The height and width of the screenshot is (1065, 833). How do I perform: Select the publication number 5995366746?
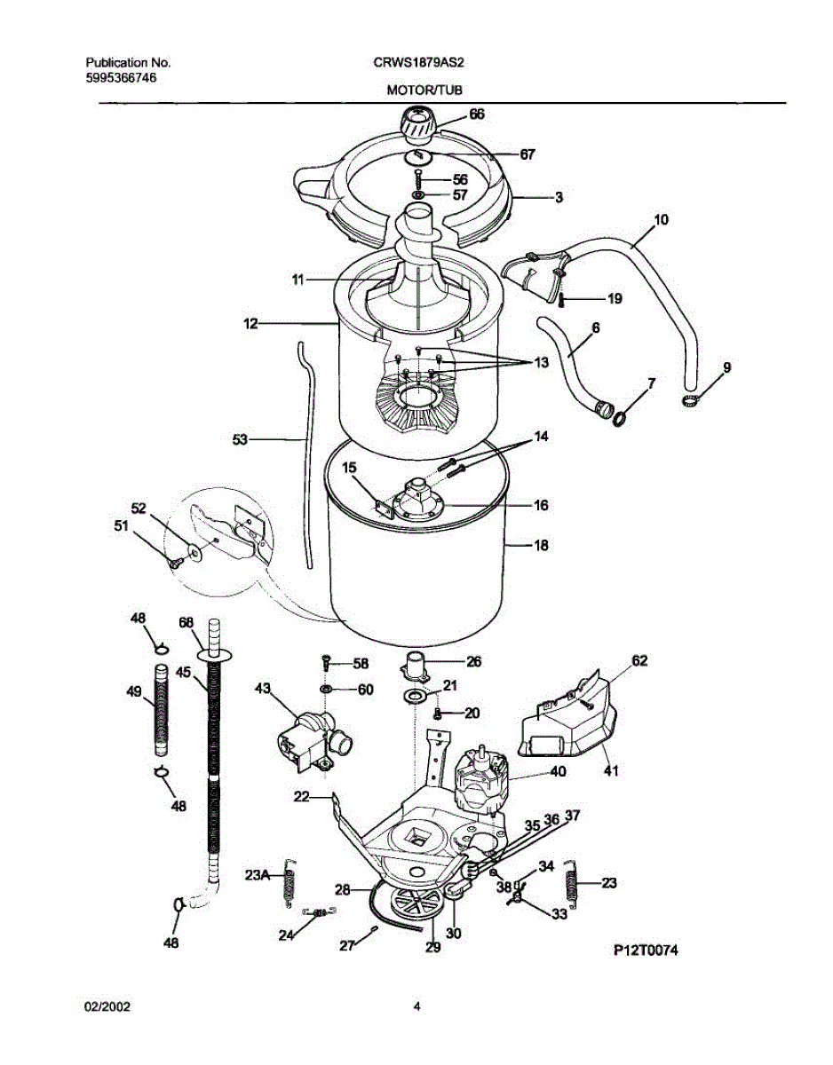coord(123,77)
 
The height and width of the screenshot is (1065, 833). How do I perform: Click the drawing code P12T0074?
coord(646,951)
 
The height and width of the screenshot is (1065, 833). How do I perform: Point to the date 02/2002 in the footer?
coord(107,1006)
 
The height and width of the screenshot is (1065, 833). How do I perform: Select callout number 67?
coord(528,154)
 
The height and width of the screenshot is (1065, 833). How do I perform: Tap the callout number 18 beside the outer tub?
coord(540,546)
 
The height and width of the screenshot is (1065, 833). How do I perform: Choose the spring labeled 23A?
coord(289,884)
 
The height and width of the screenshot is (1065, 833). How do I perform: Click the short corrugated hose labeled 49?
coord(162,710)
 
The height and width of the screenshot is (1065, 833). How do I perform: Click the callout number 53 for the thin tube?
coord(241,438)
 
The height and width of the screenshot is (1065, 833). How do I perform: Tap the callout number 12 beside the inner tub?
coord(251,325)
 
